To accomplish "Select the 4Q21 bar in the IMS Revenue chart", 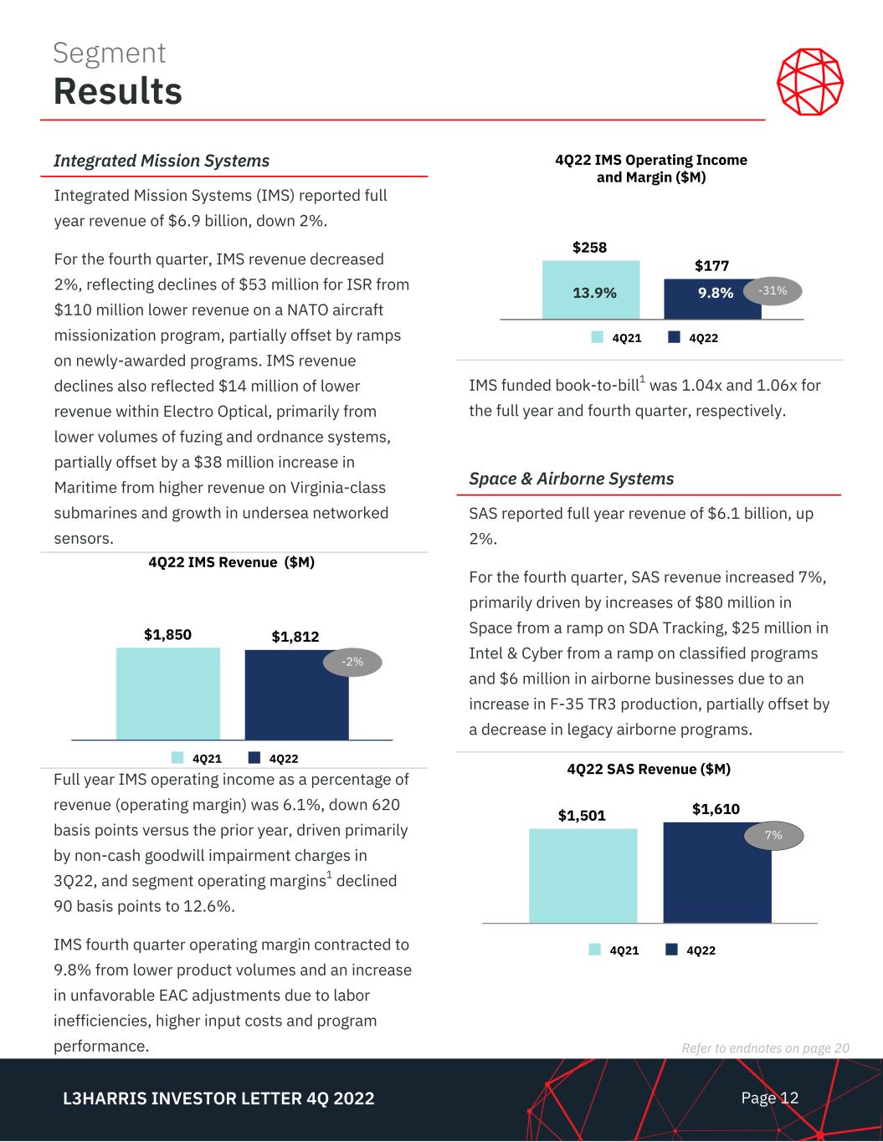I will tap(167, 694).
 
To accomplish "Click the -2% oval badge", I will tap(352, 663).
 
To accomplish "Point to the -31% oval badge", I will tap(773, 290).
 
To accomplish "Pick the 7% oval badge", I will tap(773, 835).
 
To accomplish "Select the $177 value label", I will tap(711, 265).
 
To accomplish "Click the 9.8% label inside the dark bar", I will tap(716, 293).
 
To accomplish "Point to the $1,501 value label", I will tap(582, 815).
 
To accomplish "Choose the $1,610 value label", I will tap(716, 808).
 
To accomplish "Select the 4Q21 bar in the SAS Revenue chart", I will tap(583, 876).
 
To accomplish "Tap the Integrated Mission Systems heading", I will tap(162, 161).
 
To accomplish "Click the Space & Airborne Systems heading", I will tap(571, 479).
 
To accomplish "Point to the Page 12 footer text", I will tap(769, 1098).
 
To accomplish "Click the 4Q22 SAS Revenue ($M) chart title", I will tap(649, 768).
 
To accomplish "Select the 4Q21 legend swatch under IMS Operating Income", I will tap(598, 337).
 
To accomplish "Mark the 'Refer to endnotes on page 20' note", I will tap(766, 1048).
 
